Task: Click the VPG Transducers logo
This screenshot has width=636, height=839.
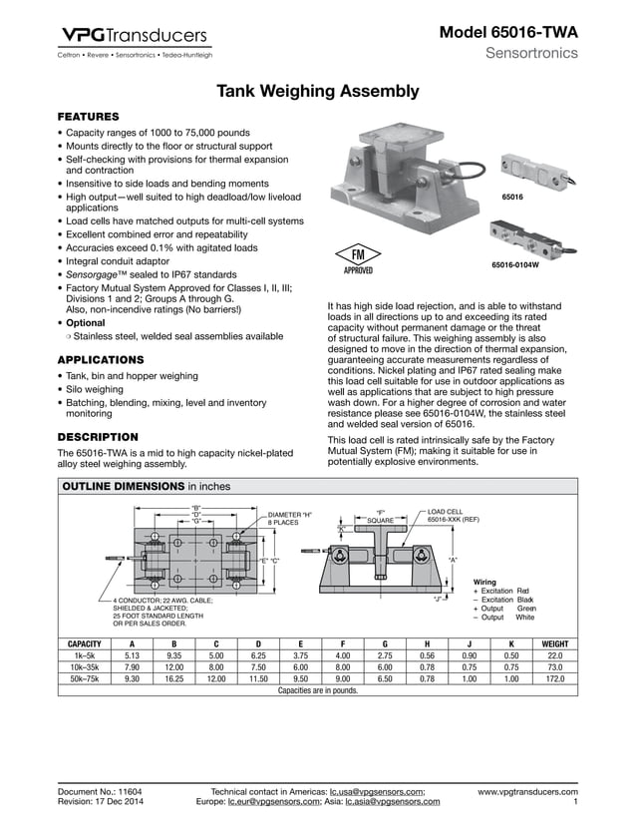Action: pos(135,37)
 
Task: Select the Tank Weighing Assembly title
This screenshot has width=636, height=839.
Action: pos(318,92)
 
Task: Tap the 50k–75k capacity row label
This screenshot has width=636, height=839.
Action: pos(90,678)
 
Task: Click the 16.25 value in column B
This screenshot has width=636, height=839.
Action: pos(173,678)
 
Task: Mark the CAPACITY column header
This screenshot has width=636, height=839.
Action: pos(90,643)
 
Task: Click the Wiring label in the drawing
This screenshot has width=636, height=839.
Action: pos(484,581)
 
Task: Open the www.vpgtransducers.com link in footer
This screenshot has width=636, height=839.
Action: pos(527,791)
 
